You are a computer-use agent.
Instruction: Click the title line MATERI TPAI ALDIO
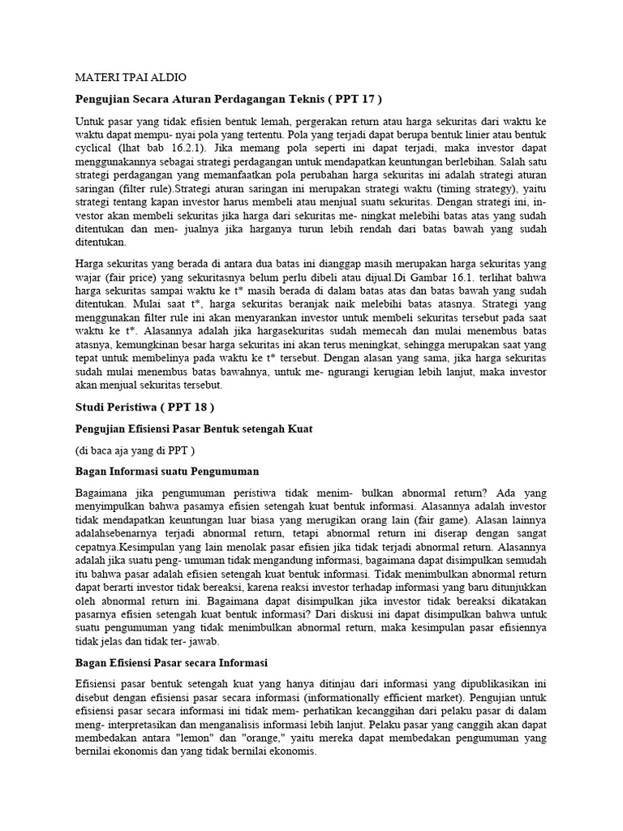click(131, 78)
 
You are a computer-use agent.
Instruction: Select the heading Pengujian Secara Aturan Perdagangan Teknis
click(216, 99)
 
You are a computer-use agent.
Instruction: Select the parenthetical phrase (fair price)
click(137, 278)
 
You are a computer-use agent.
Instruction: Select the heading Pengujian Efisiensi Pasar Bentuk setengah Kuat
click(193, 428)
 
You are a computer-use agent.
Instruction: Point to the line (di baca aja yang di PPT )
click(135, 450)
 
